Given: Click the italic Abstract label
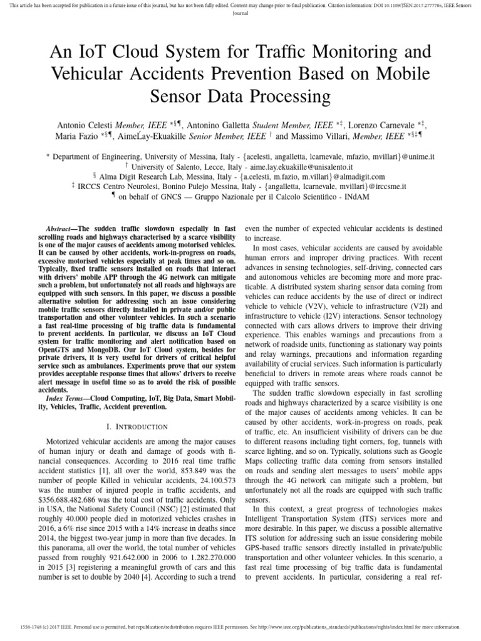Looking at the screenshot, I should [x=58, y=230].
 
